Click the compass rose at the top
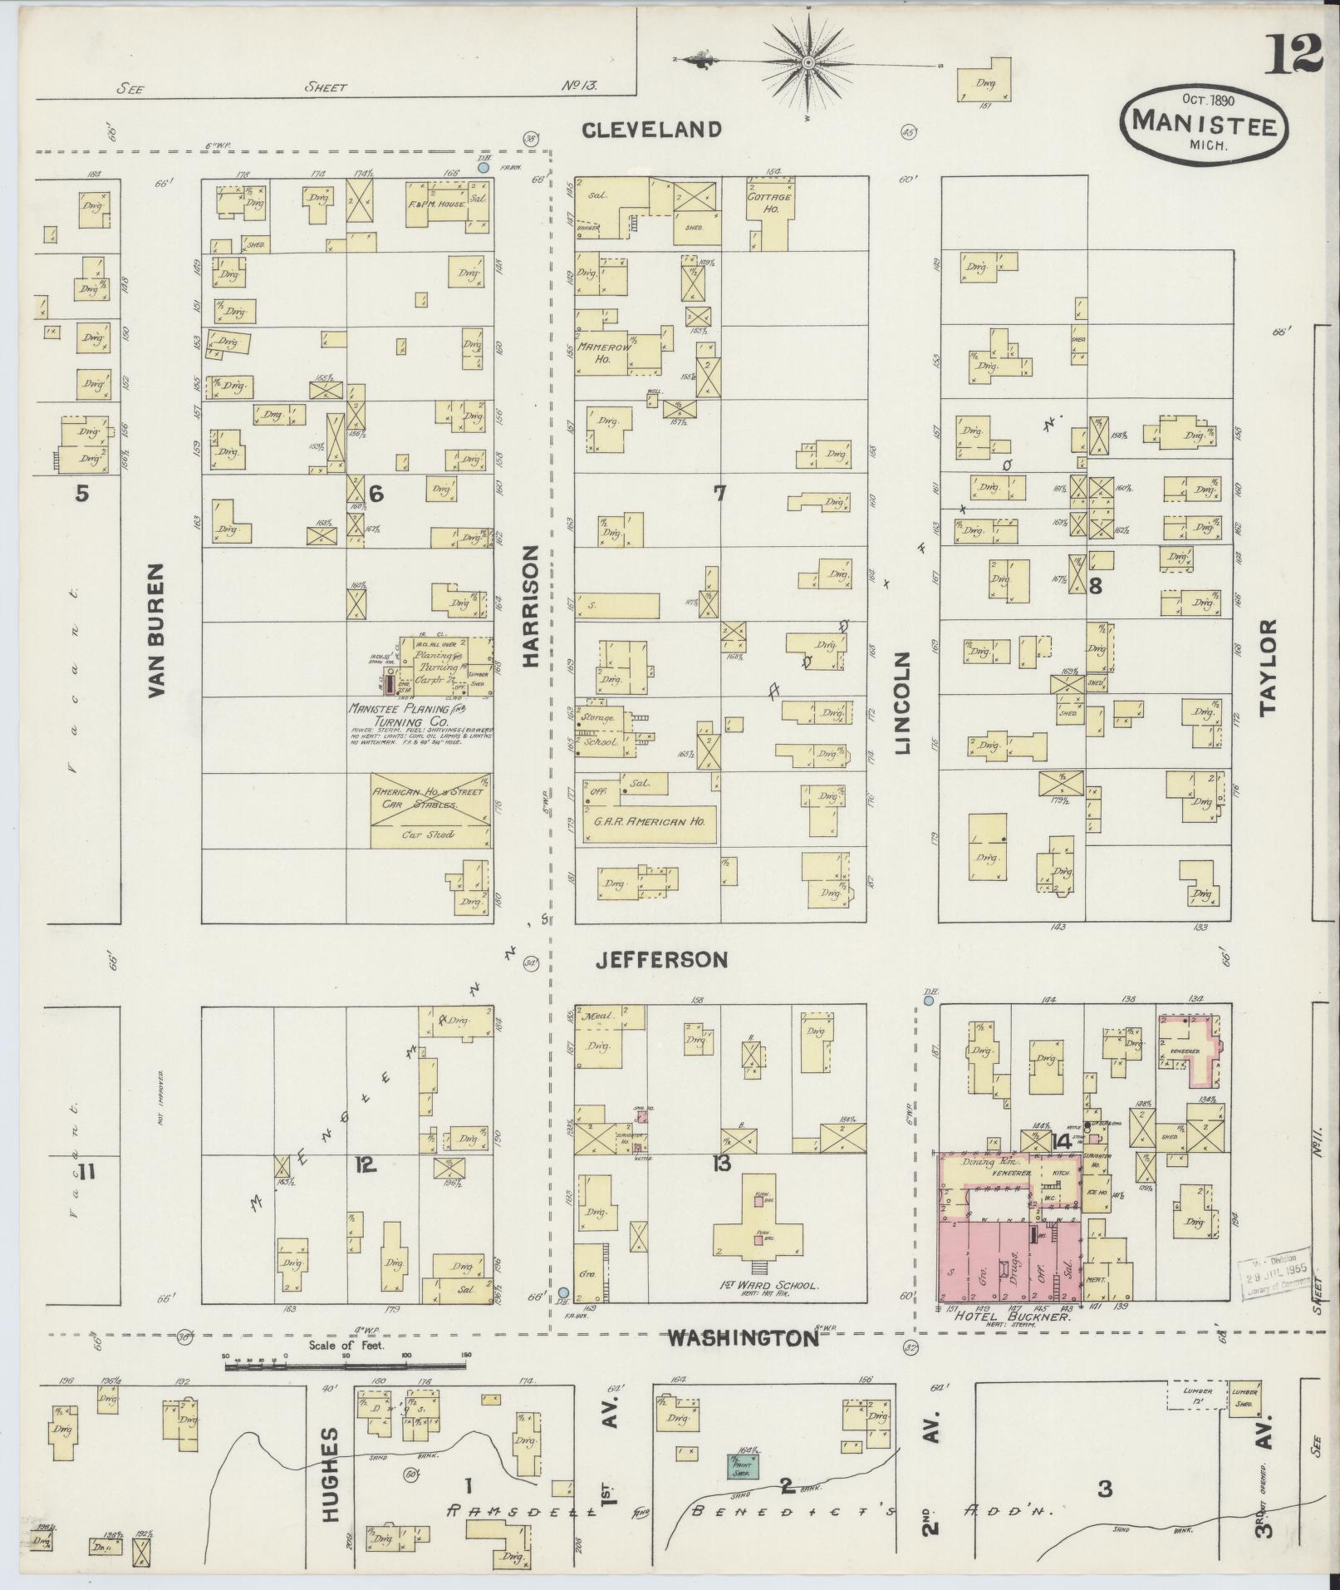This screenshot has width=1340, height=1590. (807, 62)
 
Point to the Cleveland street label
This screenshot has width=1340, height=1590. (650, 129)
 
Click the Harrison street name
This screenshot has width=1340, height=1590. (533, 606)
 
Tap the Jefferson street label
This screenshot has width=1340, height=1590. (662, 960)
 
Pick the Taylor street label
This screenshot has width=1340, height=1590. (1266, 667)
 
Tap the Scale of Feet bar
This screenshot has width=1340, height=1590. (345, 1365)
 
